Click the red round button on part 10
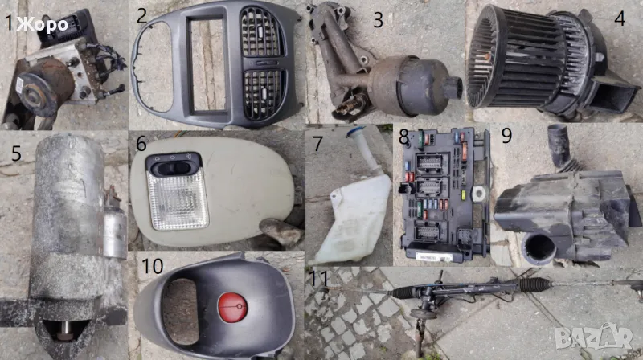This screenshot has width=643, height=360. [232, 308]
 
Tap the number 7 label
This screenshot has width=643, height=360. [317, 144]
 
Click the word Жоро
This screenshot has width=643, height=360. [43, 24]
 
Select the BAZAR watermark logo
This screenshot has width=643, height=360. [593, 337]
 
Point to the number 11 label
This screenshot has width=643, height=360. [318, 278]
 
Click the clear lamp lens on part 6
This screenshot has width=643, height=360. [177, 201]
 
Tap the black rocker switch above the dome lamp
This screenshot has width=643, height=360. [174, 168]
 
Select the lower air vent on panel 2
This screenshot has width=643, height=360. [264, 93]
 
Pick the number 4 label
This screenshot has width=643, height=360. [619, 18]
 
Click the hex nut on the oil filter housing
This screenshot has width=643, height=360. [453, 88]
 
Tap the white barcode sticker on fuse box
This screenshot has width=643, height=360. [434, 257]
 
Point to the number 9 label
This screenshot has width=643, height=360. [507, 135]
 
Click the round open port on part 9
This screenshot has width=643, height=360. [539, 249]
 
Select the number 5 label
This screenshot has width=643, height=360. [16, 153]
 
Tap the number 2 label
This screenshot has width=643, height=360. [142, 16]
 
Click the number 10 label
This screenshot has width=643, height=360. [152, 266]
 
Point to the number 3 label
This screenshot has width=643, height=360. [378, 19]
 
